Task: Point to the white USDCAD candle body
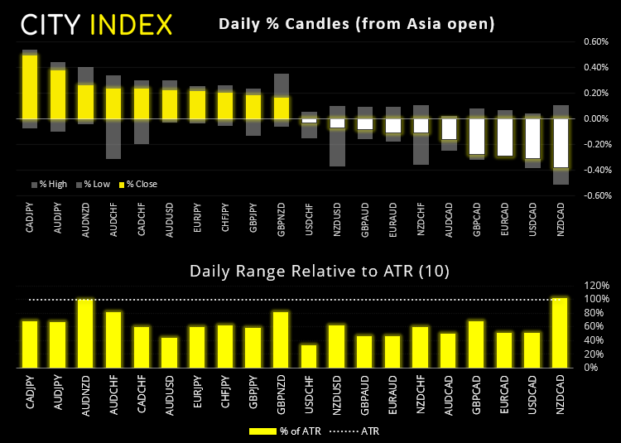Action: (533, 138)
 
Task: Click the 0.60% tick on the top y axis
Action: (596, 41)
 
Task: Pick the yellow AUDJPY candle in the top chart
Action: (57, 94)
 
